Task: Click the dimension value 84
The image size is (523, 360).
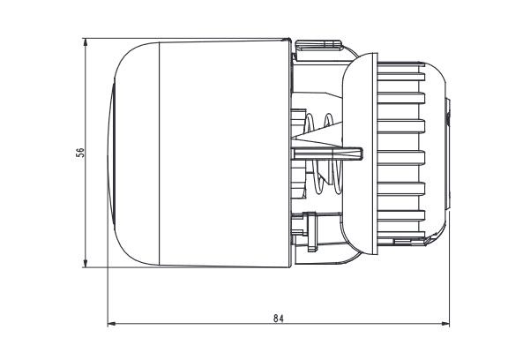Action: coord(279,316)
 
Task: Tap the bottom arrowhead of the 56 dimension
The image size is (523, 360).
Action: coord(86,262)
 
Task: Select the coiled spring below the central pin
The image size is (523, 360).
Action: coord(327,181)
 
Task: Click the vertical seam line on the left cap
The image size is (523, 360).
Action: coord(159,152)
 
